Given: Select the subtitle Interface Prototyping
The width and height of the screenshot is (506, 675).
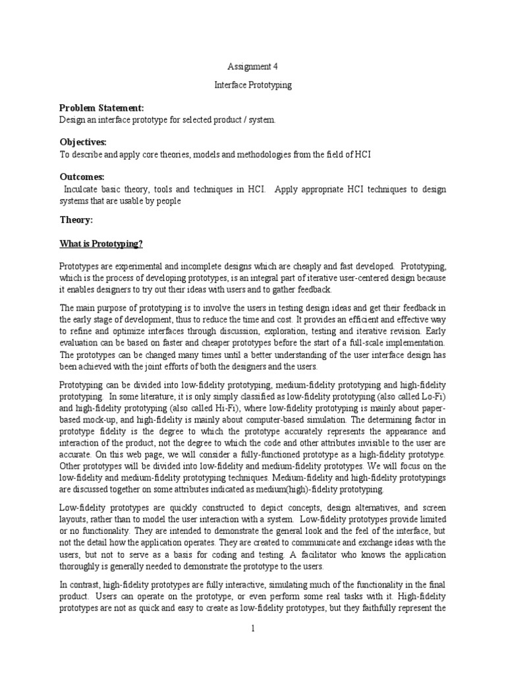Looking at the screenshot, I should (x=253, y=86).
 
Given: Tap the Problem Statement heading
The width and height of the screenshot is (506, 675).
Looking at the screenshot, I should (x=101, y=108).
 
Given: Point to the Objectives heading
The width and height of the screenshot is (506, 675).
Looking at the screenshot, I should (x=83, y=142).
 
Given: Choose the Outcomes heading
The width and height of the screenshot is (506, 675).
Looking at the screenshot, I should (x=82, y=177).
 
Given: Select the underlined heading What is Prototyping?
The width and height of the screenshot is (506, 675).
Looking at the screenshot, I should (x=101, y=244).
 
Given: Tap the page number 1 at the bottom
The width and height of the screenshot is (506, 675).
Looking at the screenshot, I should (x=253, y=628).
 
